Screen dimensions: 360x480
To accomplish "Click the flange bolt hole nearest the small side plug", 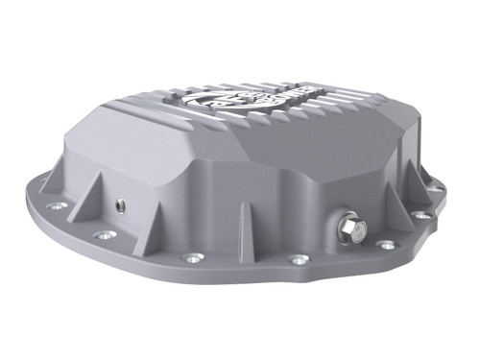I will click(104, 234).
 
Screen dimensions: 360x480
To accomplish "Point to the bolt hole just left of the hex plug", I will click(300, 259).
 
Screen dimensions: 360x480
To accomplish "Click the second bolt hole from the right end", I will click(422, 216).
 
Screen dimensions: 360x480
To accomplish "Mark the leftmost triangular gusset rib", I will click(75, 186).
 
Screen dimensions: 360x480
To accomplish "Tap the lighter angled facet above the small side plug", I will click(144, 144).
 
